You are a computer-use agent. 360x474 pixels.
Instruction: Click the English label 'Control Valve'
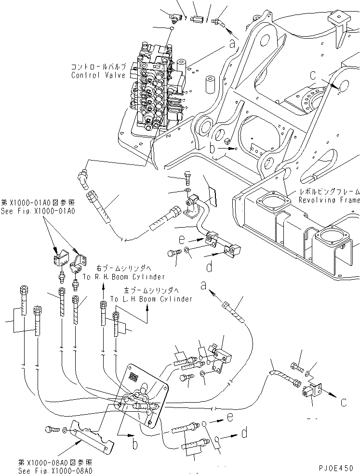(98, 75)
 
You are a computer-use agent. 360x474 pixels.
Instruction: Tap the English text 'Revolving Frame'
(329, 200)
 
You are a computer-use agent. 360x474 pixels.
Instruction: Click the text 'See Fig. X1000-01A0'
(38, 211)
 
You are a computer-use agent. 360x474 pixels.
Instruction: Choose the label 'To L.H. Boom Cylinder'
(151, 299)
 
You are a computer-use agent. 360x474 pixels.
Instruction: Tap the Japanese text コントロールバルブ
(98, 68)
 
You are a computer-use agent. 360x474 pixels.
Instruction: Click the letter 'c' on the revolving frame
(313, 76)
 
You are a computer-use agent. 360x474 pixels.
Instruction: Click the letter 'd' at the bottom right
(245, 433)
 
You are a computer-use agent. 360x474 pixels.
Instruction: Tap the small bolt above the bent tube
(188, 177)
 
